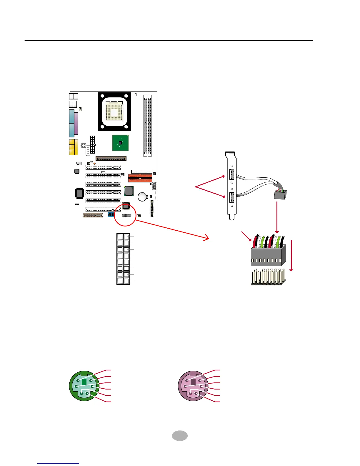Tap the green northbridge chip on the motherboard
click(120, 143)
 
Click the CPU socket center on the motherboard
click(114, 112)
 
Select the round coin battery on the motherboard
click(143, 197)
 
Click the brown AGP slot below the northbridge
click(111, 158)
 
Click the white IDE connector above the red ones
click(141, 171)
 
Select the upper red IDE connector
click(140, 176)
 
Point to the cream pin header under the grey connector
click(268, 277)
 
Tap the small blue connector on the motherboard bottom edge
click(111, 214)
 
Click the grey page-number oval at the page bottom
click(180, 436)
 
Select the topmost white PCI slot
click(103, 167)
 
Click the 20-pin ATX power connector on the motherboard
click(92, 144)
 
